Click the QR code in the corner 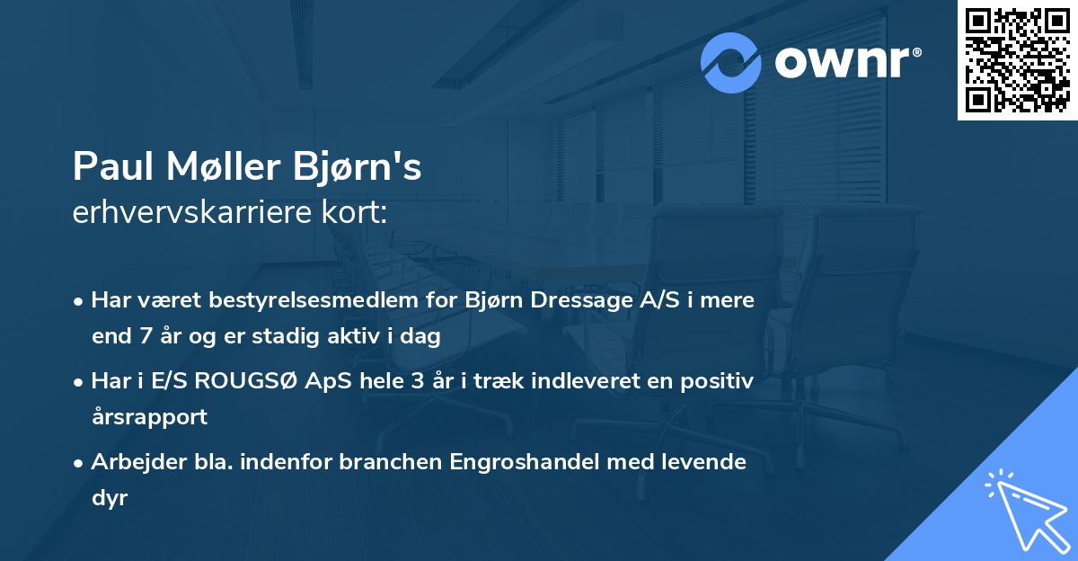1017,60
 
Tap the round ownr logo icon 731,62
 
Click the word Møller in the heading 216,167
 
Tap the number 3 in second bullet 417,381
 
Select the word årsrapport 149,417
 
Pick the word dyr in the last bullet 110,497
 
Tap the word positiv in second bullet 719,381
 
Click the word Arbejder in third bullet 131,462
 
